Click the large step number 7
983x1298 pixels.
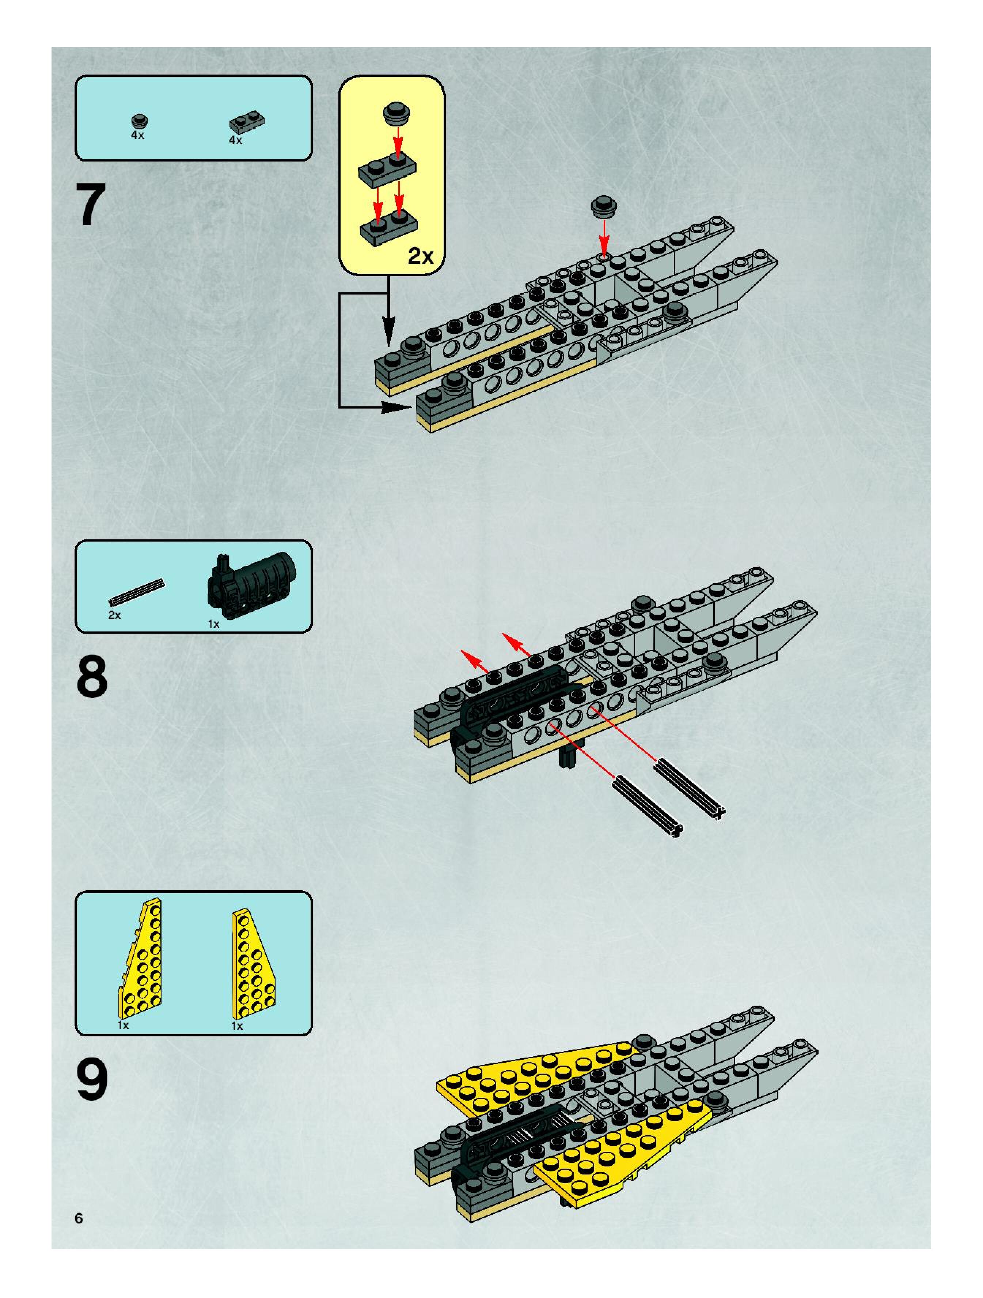tap(91, 204)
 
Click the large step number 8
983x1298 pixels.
tap(92, 676)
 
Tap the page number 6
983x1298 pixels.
tap(79, 1218)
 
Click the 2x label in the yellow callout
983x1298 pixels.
tap(420, 256)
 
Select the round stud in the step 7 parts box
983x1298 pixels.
tap(139, 121)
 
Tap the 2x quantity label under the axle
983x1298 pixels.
tap(114, 615)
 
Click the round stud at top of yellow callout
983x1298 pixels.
tap(397, 112)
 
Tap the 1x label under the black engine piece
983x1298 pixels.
tap(214, 625)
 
